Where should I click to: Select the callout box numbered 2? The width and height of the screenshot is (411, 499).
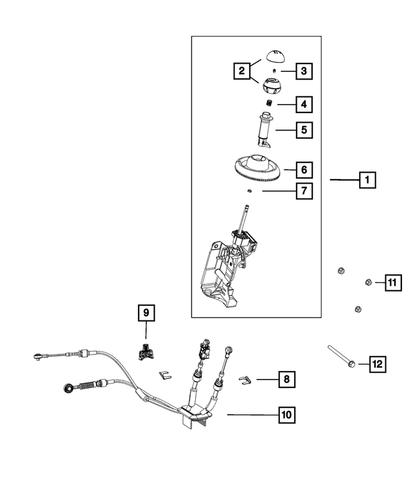click(x=242, y=71)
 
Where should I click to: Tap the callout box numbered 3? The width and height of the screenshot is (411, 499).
click(x=303, y=71)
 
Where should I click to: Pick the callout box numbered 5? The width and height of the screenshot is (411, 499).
click(x=303, y=130)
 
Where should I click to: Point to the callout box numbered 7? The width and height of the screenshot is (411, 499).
click(x=303, y=191)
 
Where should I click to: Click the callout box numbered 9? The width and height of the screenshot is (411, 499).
click(x=146, y=313)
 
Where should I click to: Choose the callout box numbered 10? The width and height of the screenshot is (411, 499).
click(x=286, y=415)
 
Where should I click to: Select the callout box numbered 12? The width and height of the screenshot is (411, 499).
click(x=377, y=364)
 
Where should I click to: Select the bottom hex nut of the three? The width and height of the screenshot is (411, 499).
click(x=357, y=311)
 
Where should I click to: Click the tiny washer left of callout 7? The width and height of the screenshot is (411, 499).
click(x=249, y=191)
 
